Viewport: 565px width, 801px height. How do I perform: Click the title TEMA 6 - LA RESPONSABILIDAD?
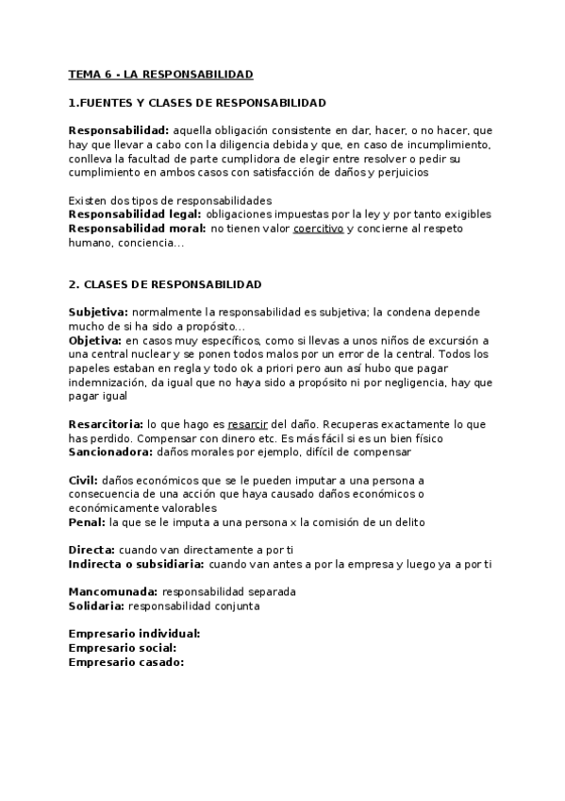click(x=161, y=74)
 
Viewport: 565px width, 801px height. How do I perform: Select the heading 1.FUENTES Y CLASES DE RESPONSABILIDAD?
click(x=197, y=102)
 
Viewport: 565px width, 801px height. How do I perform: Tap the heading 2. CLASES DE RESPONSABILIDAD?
click(x=165, y=284)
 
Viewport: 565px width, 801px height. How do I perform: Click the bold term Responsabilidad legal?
click(x=135, y=214)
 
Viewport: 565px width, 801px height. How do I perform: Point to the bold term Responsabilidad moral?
click(x=137, y=229)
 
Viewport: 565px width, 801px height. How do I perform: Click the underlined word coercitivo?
click(x=318, y=229)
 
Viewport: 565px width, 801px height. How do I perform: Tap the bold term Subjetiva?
click(x=98, y=312)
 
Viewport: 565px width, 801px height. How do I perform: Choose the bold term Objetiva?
click(x=95, y=340)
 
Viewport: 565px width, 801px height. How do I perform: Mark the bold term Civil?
click(x=83, y=481)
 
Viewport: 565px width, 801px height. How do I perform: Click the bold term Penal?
click(x=87, y=522)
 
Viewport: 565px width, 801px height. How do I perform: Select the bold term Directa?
click(x=92, y=550)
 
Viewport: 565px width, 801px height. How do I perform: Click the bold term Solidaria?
click(x=96, y=606)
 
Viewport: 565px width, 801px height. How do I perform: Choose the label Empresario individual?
click(x=135, y=634)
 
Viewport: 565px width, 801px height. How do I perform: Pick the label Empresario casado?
click(x=126, y=662)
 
